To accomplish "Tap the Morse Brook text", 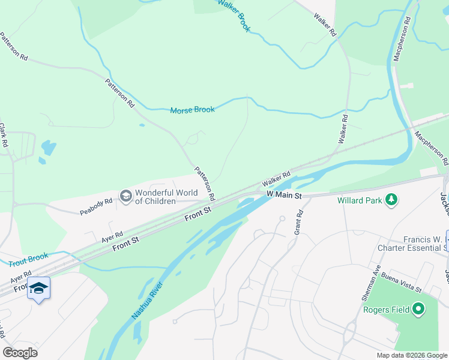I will [192, 110].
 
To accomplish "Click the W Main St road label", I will [283, 195].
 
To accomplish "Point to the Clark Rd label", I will [3, 136].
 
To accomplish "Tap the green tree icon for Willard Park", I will [391, 199].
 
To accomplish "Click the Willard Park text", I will [360, 200].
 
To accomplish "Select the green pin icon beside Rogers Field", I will [419, 310].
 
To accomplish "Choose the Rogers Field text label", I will [386, 310].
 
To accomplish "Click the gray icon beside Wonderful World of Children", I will [125, 196].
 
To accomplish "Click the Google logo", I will [20, 353].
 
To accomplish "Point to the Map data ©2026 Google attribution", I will [412, 355].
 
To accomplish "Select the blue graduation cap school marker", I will [38, 289].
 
